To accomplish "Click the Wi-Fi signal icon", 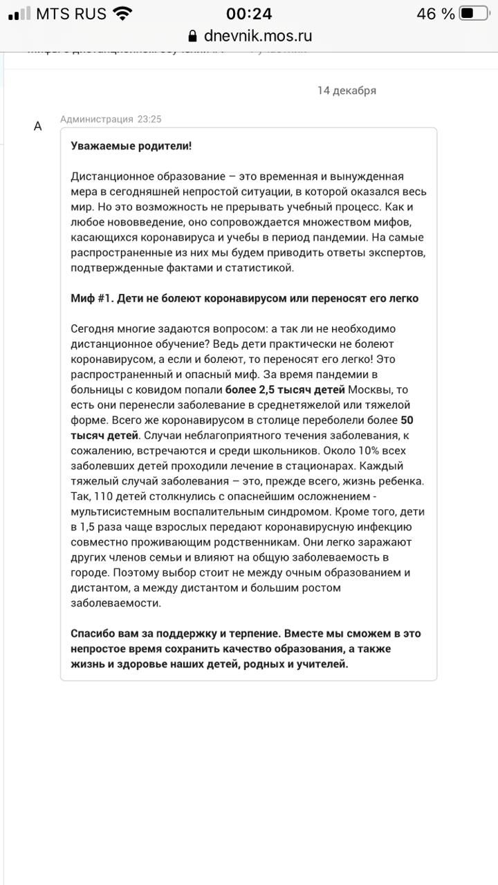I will [x=123, y=14].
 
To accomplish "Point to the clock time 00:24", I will [x=249, y=14].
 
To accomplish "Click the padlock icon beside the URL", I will [x=192, y=37].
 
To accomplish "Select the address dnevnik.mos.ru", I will [x=258, y=36].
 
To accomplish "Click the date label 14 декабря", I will [x=347, y=91].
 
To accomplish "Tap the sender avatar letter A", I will [x=38, y=126].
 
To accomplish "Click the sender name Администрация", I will [x=96, y=119].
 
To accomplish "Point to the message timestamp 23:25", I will [x=149, y=119].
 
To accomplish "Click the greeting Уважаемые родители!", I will [x=131, y=146].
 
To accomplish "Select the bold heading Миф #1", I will [x=93, y=299].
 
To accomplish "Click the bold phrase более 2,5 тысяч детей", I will [x=285, y=390].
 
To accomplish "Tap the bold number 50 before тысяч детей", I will [x=407, y=420].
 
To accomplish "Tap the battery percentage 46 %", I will [x=436, y=14].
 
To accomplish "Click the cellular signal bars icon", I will [x=19, y=14].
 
